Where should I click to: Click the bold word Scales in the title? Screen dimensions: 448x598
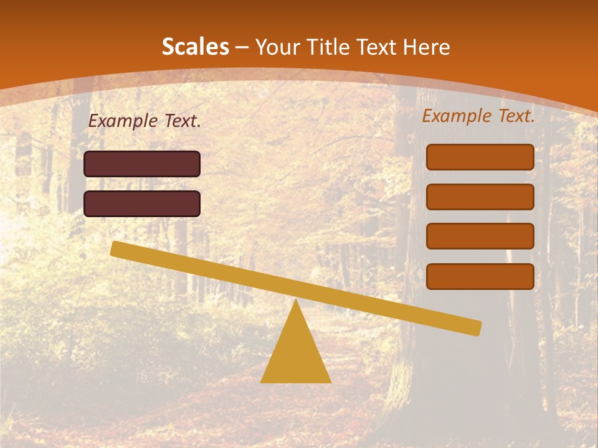(195, 47)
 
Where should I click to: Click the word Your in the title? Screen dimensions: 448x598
(275, 47)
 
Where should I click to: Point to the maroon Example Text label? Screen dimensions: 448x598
(145, 121)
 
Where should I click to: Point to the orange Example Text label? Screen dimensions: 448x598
(478, 116)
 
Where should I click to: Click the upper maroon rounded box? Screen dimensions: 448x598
(142, 164)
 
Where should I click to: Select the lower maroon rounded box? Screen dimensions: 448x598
(142, 203)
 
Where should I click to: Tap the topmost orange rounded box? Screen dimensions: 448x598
(480, 157)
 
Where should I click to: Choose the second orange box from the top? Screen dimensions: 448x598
(480, 197)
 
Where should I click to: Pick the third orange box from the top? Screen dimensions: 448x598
(480, 236)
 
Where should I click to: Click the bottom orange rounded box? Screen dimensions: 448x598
(480, 276)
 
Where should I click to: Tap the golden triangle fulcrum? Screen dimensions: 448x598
(296, 352)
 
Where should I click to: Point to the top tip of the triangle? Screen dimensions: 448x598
(296, 302)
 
